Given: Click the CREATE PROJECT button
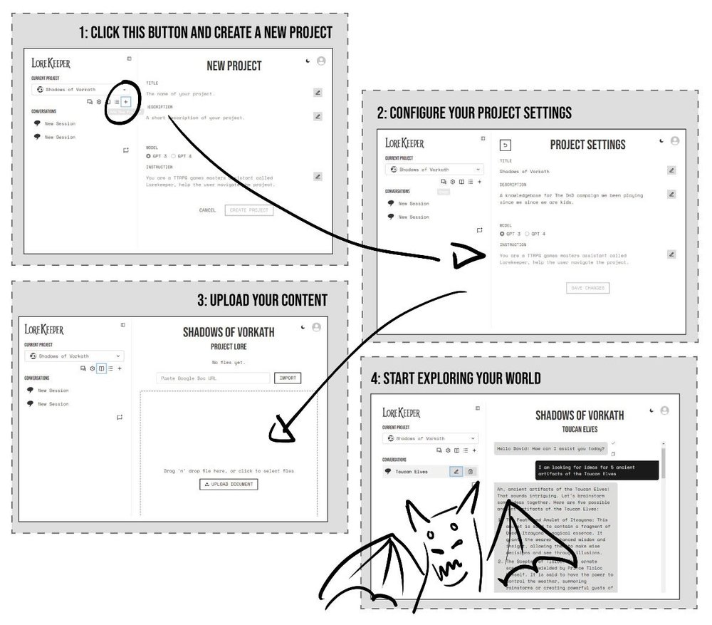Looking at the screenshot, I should tap(248, 210).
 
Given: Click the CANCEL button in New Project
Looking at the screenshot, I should tap(207, 210).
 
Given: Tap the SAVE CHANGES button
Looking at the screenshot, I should tap(587, 288).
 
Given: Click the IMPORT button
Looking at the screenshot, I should tap(288, 378).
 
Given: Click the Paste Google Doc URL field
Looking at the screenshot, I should tap(213, 378).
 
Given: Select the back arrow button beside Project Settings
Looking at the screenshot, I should tap(506, 145).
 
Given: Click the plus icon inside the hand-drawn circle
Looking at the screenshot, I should tap(126, 102).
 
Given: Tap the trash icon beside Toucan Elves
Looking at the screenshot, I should tap(470, 471).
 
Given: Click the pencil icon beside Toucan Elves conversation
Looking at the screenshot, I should tap(456, 471).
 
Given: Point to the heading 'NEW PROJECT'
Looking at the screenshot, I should tap(234, 66).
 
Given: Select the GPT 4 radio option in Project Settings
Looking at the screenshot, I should tap(529, 233).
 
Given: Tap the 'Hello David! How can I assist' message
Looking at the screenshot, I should tap(551, 449).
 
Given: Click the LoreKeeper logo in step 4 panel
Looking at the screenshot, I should tap(402, 413).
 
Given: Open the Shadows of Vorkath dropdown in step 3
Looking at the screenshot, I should tap(74, 356).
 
